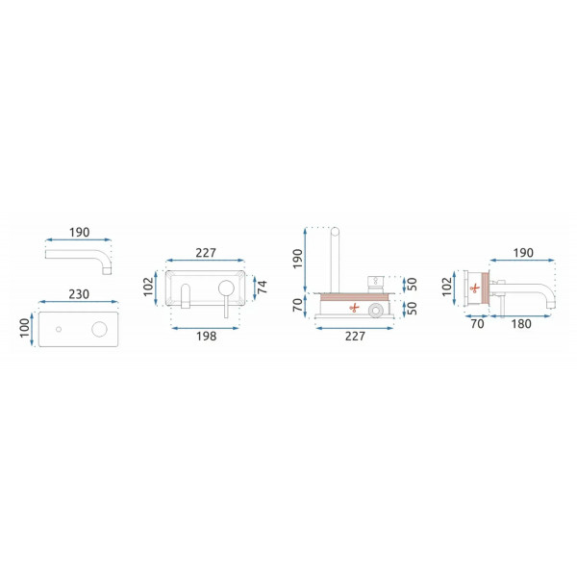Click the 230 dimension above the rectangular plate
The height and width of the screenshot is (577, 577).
[79, 294]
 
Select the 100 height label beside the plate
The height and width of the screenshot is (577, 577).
[24, 328]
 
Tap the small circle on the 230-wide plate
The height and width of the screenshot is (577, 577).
[59, 329]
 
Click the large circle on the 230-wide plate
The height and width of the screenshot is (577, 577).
[99, 329]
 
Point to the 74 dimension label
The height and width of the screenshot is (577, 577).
[263, 287]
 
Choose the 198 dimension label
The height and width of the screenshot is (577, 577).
[207, 336]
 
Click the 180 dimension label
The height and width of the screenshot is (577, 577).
[521, 324]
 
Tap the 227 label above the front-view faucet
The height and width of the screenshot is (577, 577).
[206, 253]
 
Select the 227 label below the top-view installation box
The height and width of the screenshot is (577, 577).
[355, 336]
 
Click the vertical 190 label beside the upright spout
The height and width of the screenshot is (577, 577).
[297, 259]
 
